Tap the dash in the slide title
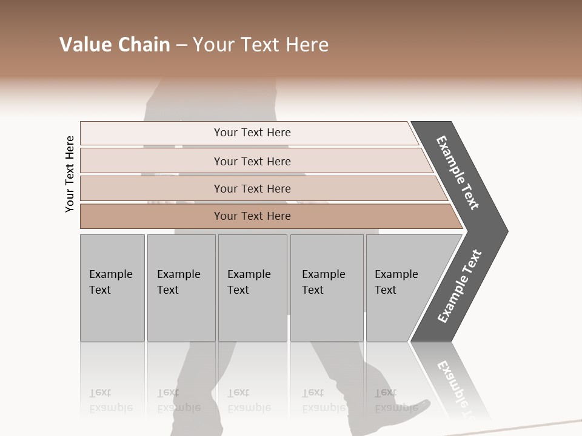click(x=181, y=45)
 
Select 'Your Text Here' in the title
click(x=260, y=45)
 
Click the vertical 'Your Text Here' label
click(x=70, y=174)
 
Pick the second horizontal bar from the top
click(x=252, y=161)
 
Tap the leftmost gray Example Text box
click(x=112, y=288)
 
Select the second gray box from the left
click(x=181, y=288)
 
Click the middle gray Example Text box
click(x=252, y=288)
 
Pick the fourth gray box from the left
click(x=327, y=288)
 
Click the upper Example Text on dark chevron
click(x=458, y=173)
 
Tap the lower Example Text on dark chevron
click(x=459, y=286)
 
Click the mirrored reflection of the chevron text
click(x=458, y=388)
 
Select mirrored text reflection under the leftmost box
click(x=111, y=400)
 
